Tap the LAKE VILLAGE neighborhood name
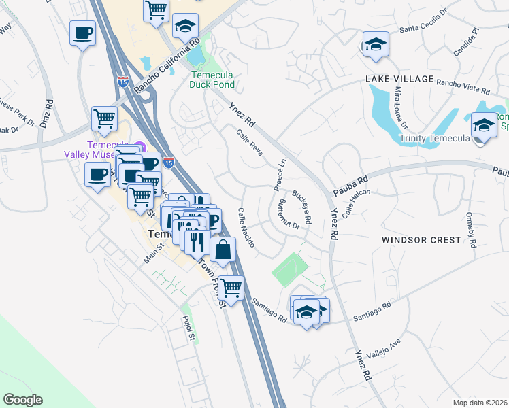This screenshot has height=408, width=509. point(399,79)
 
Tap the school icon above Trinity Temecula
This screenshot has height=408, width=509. point(484,126)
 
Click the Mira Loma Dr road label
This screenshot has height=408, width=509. point(399,107)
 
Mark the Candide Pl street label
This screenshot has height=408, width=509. point(466,41)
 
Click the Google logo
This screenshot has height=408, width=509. point(22,400)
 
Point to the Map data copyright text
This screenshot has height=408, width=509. point(480,402)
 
